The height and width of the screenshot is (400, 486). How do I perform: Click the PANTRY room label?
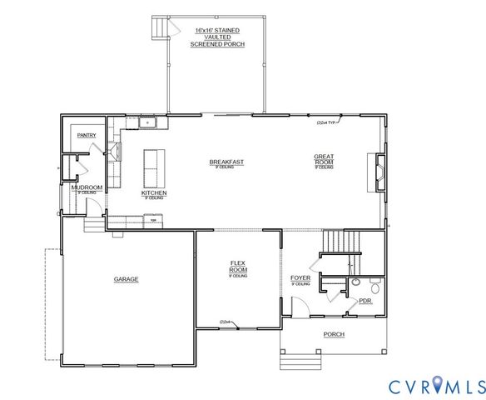point(87,134)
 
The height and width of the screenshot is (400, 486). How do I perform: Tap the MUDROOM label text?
point(87,187)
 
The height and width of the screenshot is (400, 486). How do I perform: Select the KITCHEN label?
point(154,193)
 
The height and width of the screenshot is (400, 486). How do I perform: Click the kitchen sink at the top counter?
point(150,123)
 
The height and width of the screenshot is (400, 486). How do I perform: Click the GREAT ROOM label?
point(324,159)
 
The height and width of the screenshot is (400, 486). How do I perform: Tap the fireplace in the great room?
point(379,172)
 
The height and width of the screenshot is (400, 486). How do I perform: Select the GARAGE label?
point(126,279)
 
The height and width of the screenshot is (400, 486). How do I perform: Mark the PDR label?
point(364,302)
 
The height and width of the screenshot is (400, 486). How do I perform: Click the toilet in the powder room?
point(374,288)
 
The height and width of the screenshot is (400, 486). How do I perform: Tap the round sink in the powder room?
point(355,282)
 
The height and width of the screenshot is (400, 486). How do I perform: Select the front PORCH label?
point(334,334)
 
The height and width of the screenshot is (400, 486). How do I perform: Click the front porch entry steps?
point(292,361)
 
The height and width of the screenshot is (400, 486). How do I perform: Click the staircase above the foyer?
point(341,242)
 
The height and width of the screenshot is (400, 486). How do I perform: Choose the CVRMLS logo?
point(436,386)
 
